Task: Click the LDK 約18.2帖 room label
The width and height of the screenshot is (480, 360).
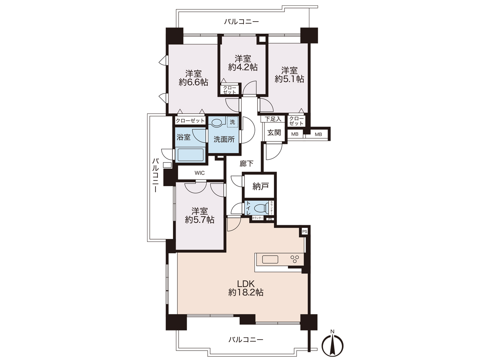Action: (246, 288)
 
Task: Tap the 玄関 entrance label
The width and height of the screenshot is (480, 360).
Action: (274, 132)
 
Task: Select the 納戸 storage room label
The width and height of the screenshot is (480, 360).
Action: (261, 186)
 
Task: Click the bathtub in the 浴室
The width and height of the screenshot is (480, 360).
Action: (191, 155)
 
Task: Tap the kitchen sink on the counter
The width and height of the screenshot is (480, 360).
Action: (270, 259)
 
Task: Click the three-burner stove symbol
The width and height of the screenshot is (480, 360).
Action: (295, 259)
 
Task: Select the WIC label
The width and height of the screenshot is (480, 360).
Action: (200, 173)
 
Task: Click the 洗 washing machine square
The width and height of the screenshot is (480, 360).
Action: (233, 122)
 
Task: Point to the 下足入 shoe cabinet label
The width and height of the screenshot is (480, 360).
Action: (273, 119)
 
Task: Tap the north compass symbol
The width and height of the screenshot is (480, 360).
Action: (332, 345)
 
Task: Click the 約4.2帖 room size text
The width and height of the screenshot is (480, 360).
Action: (243, 67)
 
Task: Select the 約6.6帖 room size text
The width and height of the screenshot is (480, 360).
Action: (193, 82)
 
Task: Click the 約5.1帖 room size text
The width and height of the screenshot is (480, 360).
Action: (289, 79)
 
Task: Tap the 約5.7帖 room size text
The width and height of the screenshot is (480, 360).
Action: (199, 220)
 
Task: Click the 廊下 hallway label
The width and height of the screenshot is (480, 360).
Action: (247, 164)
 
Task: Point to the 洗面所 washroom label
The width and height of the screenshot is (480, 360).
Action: (224, 139)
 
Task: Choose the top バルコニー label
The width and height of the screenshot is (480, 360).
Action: (241, 22)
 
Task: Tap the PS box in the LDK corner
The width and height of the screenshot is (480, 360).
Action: (304, 231)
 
